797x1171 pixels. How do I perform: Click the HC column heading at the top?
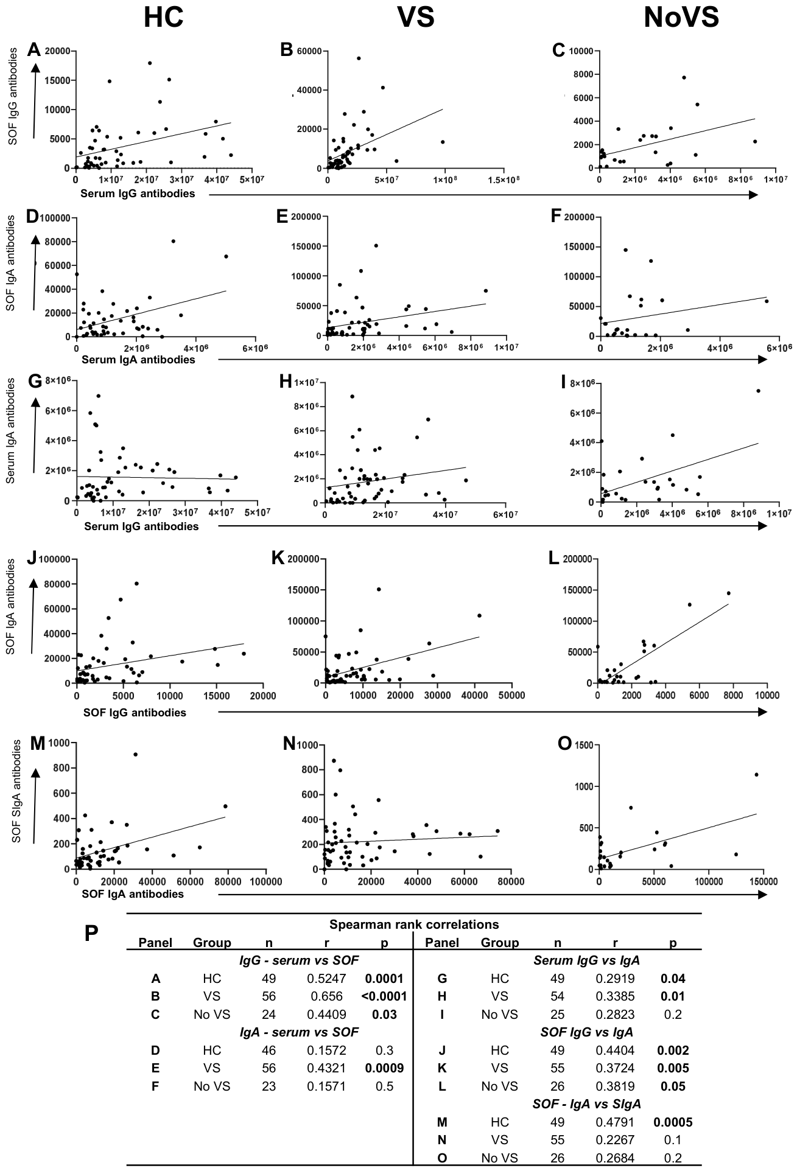click(163, 18)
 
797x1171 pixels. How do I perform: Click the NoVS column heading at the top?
click(681, 18)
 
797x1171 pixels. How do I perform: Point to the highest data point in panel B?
click(359, 58)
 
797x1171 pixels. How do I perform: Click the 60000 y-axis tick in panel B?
click(309, 51)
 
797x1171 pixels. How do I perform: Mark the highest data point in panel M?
click(136, 754)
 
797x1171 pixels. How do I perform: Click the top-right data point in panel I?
click(758, 391)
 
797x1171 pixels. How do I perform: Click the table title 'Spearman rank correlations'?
click(414, 925)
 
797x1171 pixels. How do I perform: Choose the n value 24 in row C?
click(269, 1014)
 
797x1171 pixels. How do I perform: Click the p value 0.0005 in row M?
click(672, 1122)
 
